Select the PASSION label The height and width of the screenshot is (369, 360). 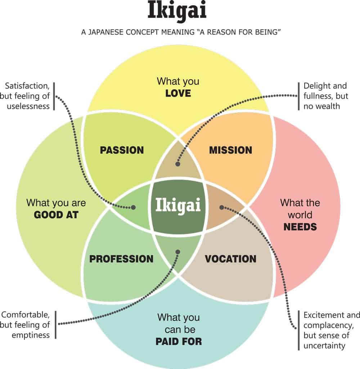coord(122,150)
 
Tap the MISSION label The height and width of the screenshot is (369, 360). coord(231,150)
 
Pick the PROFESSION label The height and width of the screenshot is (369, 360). coord(121,259)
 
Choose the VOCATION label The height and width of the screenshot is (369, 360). coord(231,259)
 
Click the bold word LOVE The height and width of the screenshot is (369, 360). coord(178,94)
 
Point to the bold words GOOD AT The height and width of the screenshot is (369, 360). coord(56,215)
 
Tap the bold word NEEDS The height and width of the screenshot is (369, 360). coord(300,227)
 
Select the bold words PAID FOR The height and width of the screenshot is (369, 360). coord(179,341)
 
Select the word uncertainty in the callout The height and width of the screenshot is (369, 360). coord(324,346)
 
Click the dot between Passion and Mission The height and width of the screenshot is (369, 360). coord(177,164)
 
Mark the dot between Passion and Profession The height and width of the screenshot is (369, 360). coord(134,208)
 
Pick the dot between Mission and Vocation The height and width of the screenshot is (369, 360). coord(222,207)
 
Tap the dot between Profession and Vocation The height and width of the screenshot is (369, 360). coord(177,251)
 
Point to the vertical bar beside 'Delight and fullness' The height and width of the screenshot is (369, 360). coord(299,96)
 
